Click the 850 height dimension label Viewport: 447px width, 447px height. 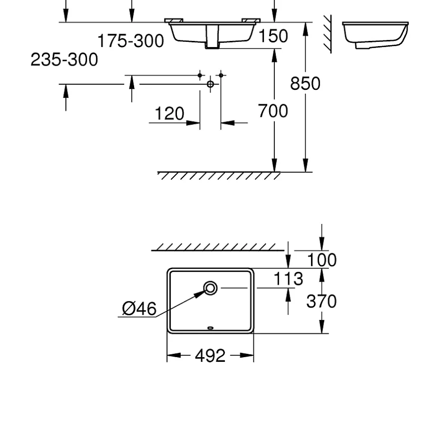point(305,84)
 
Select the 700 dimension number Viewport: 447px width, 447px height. point(273,111)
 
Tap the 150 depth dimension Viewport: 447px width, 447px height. point(273,36)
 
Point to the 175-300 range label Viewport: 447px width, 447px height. point(131,41)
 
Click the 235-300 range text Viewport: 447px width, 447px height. point(64,60)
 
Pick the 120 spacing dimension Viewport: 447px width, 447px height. point(169,114)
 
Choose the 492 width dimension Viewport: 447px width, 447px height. point(210,356)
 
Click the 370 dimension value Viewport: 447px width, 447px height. point(321,301)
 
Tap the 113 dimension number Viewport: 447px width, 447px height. point(288,279)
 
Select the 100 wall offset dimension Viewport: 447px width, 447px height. point(321,260)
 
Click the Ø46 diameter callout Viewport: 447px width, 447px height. point(139,309)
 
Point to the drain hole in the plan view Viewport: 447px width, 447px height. point(210,288)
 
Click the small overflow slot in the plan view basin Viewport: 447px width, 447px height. point(210,328)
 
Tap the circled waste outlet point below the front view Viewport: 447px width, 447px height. point(210,84)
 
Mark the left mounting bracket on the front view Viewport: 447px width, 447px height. point(174,20)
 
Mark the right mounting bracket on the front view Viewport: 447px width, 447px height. point(251,20)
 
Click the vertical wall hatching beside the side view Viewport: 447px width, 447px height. point(328,34)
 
